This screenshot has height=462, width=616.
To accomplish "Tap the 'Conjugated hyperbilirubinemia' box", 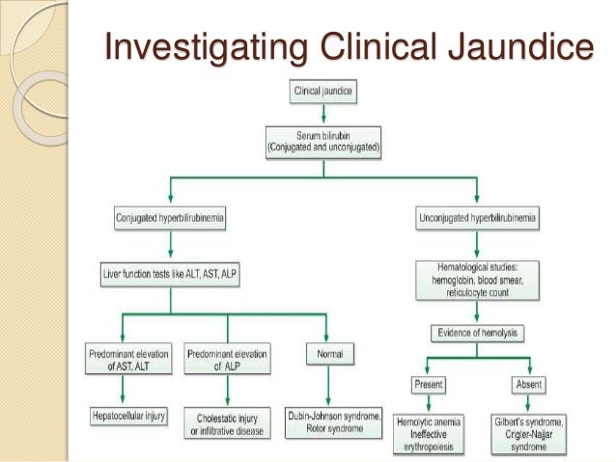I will point(171,222).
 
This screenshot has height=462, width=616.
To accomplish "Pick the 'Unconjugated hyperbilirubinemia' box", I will point(478,222).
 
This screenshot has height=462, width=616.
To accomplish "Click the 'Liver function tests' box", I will point(171,275).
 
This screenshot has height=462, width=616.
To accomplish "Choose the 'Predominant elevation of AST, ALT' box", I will point(124,357).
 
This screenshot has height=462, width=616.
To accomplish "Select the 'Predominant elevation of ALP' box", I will point(226,357).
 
